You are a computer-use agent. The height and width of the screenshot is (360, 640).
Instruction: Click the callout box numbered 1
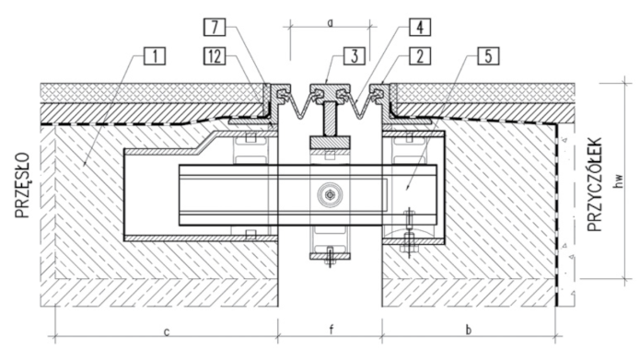point(155,56)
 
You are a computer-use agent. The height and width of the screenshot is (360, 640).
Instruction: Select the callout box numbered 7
point(215,28)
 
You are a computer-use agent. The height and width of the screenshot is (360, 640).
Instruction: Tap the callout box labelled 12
point(215,56)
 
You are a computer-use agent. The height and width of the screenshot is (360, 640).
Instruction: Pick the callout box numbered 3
point(354,56)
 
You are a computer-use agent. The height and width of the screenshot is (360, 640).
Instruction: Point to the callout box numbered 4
point(420,28)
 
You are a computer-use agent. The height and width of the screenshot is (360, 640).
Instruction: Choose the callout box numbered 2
point(420,56)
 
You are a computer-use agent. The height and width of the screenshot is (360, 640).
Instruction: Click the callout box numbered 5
point(488,56)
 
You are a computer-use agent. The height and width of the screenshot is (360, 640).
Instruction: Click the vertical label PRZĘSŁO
point(23,185)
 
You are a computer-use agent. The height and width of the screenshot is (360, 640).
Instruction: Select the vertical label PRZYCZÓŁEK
point(595,184)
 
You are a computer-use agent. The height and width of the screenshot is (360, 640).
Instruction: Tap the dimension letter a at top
point(331,23)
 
